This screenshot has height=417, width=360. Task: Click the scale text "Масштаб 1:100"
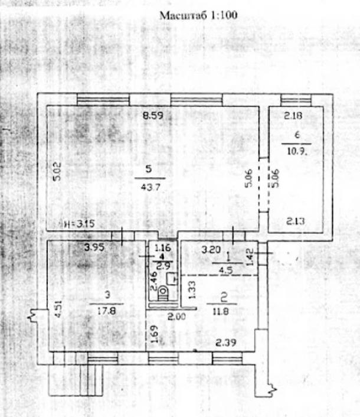click(198, 16)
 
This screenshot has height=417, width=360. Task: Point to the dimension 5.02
click(57, 171)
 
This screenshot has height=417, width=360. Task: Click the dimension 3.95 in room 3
click(94, 248)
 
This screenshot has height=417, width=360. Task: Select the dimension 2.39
click(225, 341)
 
